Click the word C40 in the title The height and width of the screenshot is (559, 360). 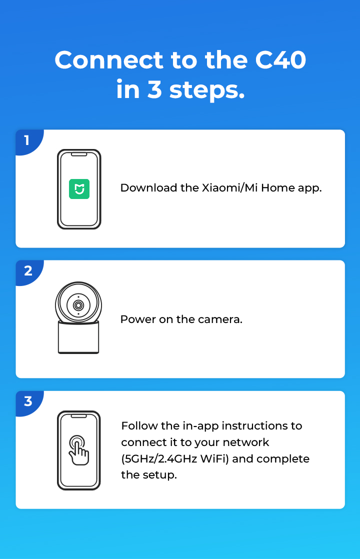(x=280, y=60)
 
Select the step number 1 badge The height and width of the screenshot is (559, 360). (x=29, y=141)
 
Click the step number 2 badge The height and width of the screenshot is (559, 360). (x=29, y=272)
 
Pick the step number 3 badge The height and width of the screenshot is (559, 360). (x=29, y=403)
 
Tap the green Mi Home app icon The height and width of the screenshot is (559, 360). (x=79, y=189)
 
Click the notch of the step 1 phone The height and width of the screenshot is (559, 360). (x=79, y=154)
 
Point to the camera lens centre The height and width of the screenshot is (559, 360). (x=78, y=305)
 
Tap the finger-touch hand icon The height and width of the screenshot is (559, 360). (x=79, y=450)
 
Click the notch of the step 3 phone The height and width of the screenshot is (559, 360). (x=79, y=416)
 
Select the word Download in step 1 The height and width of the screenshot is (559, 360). (x=148, y=188)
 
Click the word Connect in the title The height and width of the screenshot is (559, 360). (x=108, y=60)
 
